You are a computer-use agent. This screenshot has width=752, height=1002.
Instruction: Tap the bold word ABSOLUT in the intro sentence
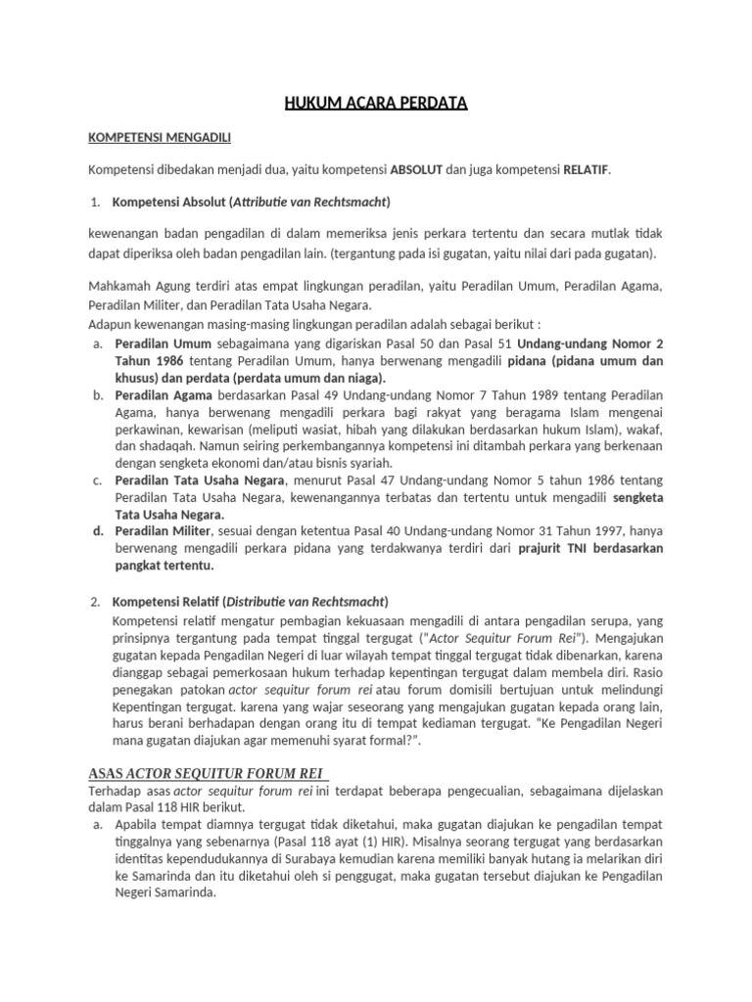(x=416, y=169)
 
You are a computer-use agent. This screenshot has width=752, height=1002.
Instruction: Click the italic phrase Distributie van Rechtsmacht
(x=307, y=601)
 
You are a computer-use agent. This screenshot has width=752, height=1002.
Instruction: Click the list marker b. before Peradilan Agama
(x=98, y=395)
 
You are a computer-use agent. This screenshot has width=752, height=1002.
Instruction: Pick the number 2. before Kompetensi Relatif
(x=95, y=601)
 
